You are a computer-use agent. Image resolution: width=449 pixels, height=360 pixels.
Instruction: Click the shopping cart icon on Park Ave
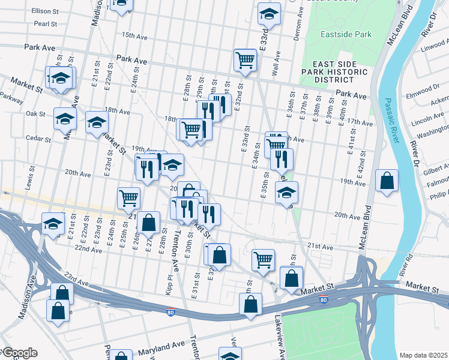[245, 60]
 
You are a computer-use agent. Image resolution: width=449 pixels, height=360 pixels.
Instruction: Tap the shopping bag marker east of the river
[387, 181]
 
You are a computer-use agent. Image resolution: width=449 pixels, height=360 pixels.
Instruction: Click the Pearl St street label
[45, 25]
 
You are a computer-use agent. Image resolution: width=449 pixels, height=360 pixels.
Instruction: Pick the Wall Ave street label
[277, 63]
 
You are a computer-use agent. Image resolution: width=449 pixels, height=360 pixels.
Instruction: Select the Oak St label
[35, 113]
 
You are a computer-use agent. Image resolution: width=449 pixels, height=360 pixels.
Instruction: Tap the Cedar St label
[39, 139]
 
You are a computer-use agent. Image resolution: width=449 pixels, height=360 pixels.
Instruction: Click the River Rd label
[408, 265]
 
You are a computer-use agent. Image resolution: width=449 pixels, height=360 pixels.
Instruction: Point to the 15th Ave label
[134, 36]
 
